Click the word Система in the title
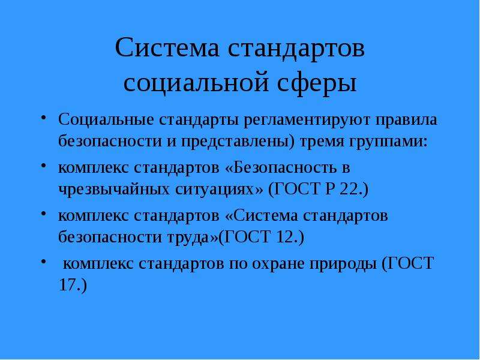coord(167,47)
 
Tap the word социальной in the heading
coord(196,82)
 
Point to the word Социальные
coord(106,119)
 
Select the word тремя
coord(321,142)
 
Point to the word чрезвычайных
coord(114,190)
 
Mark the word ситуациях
coord(215,190)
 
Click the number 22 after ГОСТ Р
coord(349,190)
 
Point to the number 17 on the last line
coord(67,285)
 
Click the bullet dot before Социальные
coord(43,118)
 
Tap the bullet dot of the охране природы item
coord(43,262)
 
